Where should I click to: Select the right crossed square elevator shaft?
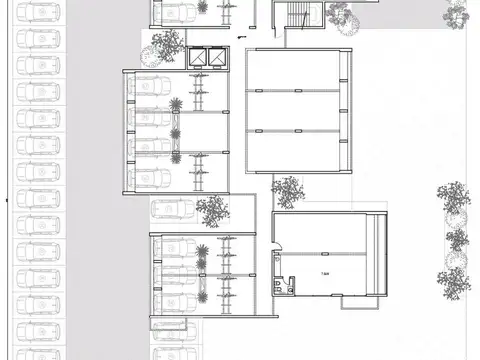(215, 58)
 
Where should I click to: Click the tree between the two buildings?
(288, 189)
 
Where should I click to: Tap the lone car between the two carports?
(169, 210)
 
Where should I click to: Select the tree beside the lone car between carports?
(212, 209)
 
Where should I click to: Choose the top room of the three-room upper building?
(295, 70)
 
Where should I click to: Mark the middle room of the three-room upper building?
(295, 111)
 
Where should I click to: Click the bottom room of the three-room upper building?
(295, 150)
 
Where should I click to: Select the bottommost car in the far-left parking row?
(39, 350)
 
